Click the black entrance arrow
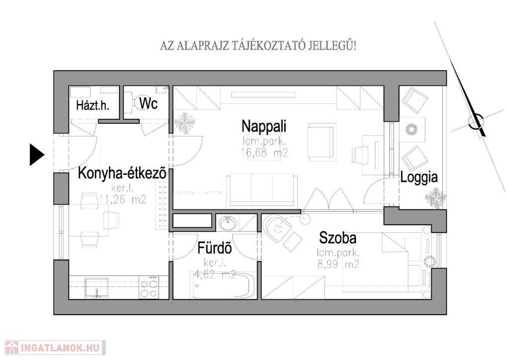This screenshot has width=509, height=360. [x=37, y=155]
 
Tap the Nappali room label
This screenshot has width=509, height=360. [x=264, y=126]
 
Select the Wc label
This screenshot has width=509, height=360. [x=148, y=103]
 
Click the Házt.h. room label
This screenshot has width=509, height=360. [x=92, y=105]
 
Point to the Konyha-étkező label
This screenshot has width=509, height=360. [x=122, y=173]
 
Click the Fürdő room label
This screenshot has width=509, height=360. [x=215, y=248]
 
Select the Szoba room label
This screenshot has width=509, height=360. [x=338, y=238]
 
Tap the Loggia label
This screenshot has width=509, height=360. [x=419, y=178]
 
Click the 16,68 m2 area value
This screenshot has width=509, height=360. [x=264, y=152]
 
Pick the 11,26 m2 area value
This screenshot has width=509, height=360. [x=122, y=199]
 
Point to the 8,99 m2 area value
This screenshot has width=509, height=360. [x=339, y=265]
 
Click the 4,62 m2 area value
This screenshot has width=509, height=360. [x=215, y=274]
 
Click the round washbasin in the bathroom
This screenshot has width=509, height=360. [x=228, y=224]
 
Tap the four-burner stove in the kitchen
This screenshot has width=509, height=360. [x=149, y=287]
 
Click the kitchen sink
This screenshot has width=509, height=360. [x=97, y=287]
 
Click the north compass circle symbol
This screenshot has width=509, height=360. [x=476, y=122]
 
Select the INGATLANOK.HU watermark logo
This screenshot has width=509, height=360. [x=55, y=348]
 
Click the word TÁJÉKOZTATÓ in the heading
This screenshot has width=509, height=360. [x=268, y=46]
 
